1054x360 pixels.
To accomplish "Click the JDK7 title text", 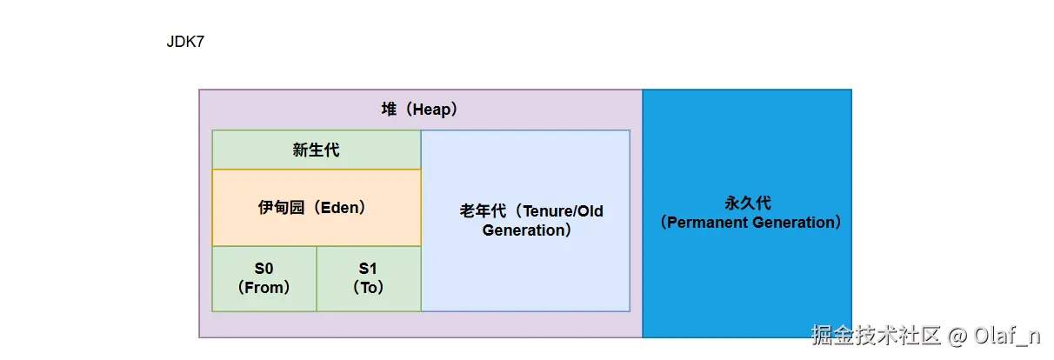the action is coord(185,42).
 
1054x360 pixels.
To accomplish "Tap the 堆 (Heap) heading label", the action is coord(419,110).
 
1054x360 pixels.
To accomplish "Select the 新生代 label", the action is coord(316,150).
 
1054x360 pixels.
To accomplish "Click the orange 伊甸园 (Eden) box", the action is coord(317,208).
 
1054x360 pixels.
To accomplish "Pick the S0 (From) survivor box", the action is coord(264,278).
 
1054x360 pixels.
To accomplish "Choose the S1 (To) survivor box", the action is coord(369,278).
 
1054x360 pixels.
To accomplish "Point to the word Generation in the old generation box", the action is coord(523,230).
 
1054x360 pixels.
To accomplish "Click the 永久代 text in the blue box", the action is coord(748,203).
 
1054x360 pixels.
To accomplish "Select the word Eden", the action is coord(339,208).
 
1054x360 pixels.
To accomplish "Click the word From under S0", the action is coord(264,287).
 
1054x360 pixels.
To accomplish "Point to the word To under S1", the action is coord(369,287).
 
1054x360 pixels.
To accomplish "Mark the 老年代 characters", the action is coord(483,210).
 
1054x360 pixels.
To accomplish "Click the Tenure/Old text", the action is coord(564,210).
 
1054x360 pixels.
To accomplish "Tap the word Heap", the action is coord(432,110).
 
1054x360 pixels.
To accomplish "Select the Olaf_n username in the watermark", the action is coord(1007,336).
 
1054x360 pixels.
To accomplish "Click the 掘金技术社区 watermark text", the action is coord(876,335).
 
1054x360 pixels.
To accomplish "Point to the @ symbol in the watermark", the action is coord(957,336).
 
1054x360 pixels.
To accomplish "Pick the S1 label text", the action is coord(368,268).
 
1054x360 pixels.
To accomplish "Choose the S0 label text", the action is coord(264,268).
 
